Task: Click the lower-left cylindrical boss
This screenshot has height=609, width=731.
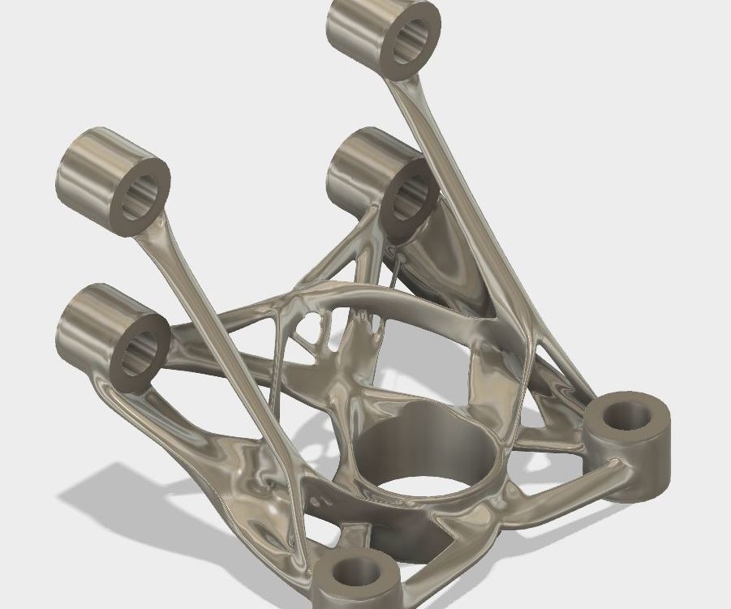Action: [x=89, y=324]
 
